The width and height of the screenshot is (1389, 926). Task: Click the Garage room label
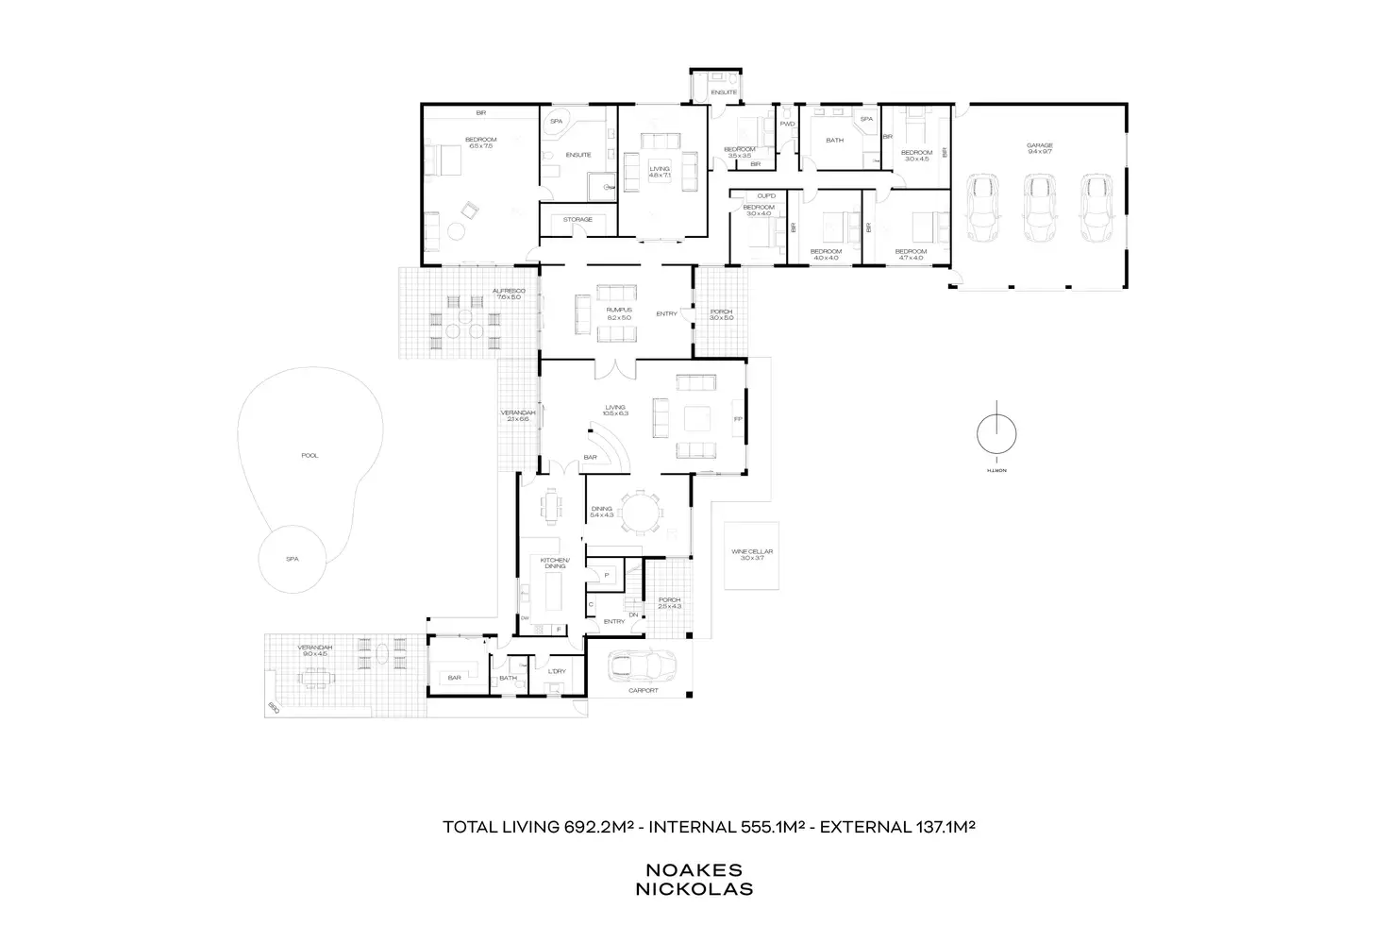pyautogui.click(x=1040, y=146)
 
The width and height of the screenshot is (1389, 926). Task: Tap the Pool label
pyautogui.click(x=310, y=456)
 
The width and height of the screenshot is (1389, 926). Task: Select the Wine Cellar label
pyautogui.click(x=751, y=552)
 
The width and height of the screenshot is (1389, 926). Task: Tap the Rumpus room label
pyautogui.click(x=619, y=310)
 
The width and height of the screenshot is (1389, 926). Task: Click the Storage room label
pyautogui.click(x=577, y=220)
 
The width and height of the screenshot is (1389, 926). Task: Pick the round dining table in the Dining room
pyautogui.click(x=642, y=514)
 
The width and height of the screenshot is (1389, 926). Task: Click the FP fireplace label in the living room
pyautogui.click(x=738, y=419)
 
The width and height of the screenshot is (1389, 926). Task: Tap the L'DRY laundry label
pyautogui.click(x=557, y=671)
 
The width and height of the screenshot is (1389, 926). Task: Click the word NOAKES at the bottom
pyautogui.click(x=694, y=870)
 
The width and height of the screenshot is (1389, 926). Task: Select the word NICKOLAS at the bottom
pyautogui.click(x=694, y=888)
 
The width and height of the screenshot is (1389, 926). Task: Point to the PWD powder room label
pyautogui.click(x=787, y=124)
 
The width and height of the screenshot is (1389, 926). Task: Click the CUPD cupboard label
pyautogui.click(x=766, y=196)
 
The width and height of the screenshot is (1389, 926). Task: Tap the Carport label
pyautogui.click(x=644, y=691)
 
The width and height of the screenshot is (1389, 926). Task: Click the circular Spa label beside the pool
pyautogui.click(x=293, y=559)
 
